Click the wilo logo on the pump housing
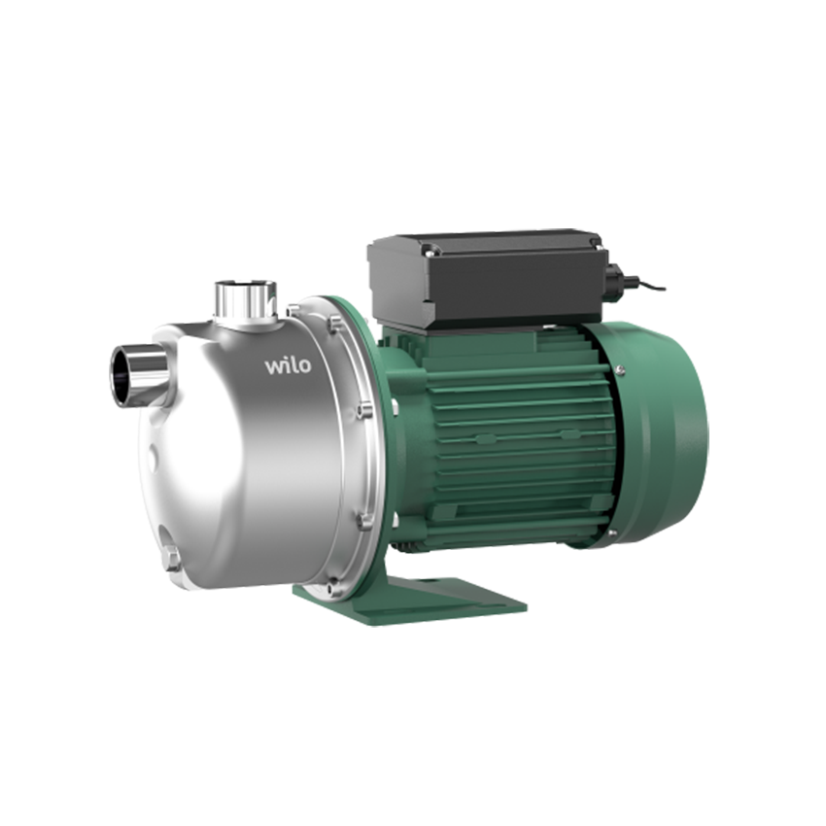click(288, 365)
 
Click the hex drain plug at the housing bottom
click(170, 559)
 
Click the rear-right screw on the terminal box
click(596, 242)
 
